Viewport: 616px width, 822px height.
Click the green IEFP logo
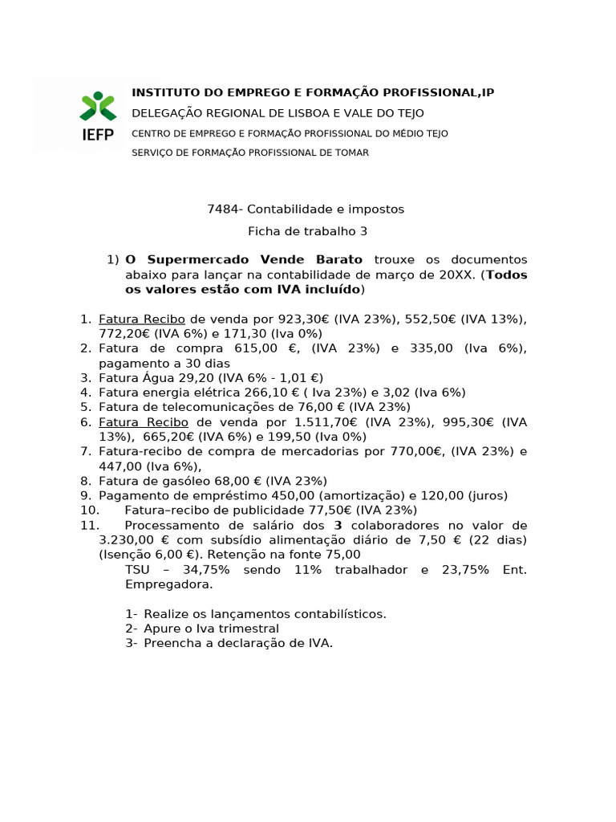[x=98, y=116]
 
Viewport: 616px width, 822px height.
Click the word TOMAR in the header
[x=350, y=153]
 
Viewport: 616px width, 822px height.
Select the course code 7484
[x=221, y=210]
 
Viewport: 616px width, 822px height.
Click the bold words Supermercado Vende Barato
[x=244, y=260]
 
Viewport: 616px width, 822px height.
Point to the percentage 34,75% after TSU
[x=207, y=570]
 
